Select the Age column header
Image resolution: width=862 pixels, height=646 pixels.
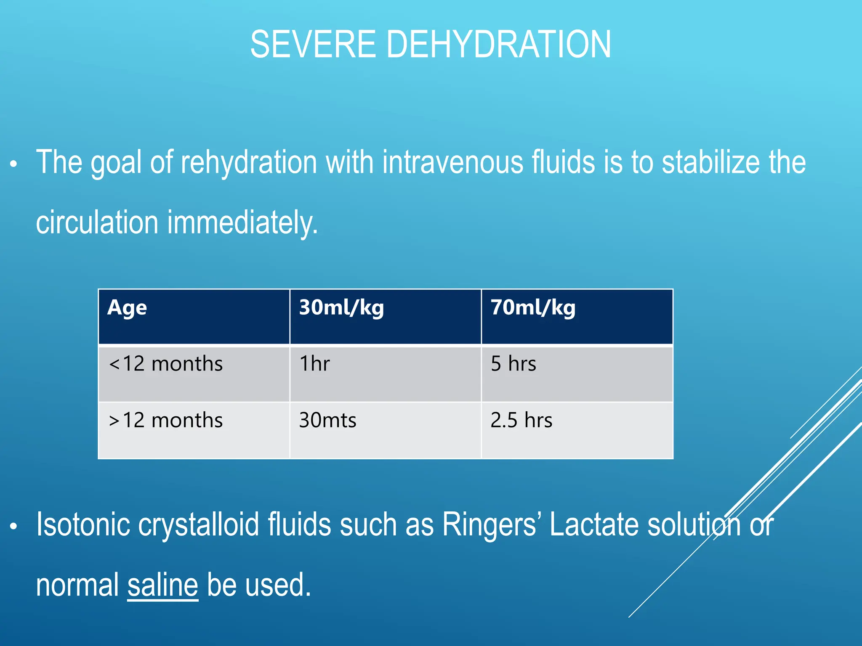(x=127, y=308)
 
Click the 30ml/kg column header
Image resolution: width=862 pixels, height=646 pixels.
(x=341, y=308)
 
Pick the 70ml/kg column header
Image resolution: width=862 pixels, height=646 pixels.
(x=533, y=308)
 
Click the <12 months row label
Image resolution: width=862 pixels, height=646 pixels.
(x=166, y=364)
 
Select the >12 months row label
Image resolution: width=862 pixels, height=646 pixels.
(x=166, y=420)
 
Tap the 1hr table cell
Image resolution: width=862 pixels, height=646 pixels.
(x=314, y=364)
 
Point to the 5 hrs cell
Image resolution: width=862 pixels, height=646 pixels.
(x=513, y=364)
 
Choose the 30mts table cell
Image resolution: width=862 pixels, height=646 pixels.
(x=327, y=420)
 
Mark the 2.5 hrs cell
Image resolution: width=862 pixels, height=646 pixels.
(x=521, y=420)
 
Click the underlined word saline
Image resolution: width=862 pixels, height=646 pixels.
(x=162, y=585)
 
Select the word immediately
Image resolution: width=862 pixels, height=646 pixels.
(x=242, y=223)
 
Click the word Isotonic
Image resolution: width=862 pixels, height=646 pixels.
(x=83, y=524)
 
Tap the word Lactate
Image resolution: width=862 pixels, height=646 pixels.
(x=594, y=524)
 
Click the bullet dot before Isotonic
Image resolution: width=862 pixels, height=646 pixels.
(x=14, y=526)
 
